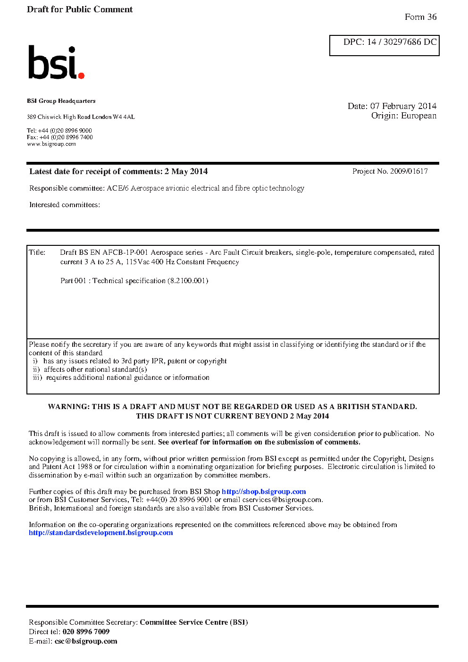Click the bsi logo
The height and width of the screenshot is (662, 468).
[x=56, y=63]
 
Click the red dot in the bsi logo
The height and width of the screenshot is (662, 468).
[x=81, y=75]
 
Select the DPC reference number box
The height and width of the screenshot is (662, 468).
[x=384, y=45]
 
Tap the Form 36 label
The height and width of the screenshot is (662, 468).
[x=420, y=17]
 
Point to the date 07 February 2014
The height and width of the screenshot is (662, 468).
[x=403, y=106]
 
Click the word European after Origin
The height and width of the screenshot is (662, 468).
[x=418, y=116]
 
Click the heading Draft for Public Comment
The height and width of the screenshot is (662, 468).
[x=80, y=9]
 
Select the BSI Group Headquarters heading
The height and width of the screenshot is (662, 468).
[x=61, y=101]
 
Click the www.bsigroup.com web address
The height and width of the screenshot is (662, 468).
[x=51, y=144]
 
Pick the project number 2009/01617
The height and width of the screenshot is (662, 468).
[x=409, y=171]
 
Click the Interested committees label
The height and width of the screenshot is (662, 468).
[x=65, y=205]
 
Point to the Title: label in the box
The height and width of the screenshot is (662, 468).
[x=37, y=252]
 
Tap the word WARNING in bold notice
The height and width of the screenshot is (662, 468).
[x=68, y=407]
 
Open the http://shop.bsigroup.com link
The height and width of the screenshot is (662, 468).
[x=264, y=492]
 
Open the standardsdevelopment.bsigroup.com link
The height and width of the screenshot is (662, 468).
[x=100, y=533]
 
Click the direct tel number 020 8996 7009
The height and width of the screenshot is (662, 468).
[x=86, y=632]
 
